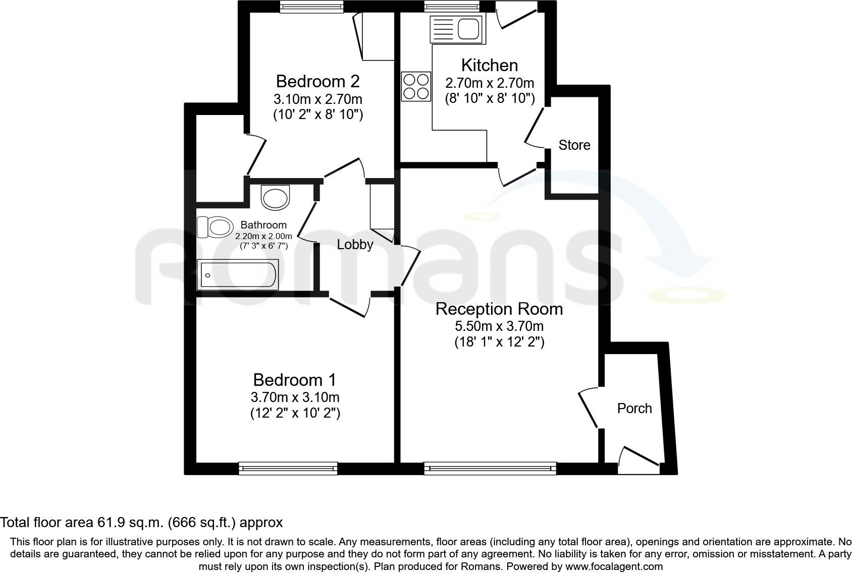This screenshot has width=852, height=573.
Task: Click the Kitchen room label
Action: coord(489,65)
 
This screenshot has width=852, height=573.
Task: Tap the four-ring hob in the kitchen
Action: coord(416,86)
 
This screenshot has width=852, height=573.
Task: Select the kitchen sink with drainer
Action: coord(456,29)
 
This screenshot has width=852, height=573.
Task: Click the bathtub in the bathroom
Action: coord(238,275)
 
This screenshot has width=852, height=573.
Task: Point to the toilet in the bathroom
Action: coord(215,227)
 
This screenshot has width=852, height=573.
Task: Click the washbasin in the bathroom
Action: coord(276,197)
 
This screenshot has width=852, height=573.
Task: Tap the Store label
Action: coord(574,145)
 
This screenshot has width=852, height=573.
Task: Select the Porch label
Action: coord(634,408)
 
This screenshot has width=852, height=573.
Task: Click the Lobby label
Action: coord(355,245)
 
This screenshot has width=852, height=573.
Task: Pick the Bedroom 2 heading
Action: coord(317,81)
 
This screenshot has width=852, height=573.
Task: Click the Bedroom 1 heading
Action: coord(294,380)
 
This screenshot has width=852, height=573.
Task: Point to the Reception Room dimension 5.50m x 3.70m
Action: coord(499,326)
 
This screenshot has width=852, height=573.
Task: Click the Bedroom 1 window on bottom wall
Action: coord(288,469)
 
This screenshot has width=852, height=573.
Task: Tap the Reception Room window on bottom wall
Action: coord(490,469)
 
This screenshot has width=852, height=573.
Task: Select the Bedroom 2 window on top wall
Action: coord(312,6)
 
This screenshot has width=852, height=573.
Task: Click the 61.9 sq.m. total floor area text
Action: coord(141,522)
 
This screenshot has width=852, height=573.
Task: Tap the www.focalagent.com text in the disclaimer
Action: coord(614,566)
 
